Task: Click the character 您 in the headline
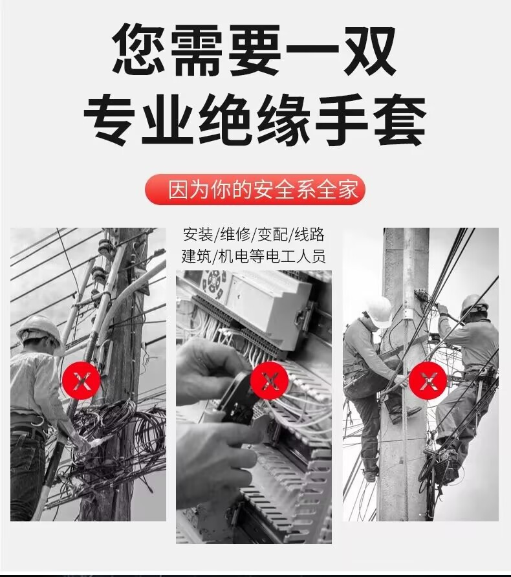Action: [x=138, y=50]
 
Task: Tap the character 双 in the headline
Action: [x=369, y=50]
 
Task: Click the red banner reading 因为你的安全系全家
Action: [x=255, y=190]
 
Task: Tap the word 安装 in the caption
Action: [x=198, y=234]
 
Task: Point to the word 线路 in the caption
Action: [x=309, y=234]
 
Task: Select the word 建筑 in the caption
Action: [x=197, y=256]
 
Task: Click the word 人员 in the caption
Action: [x=311, y=256]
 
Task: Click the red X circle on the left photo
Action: [x=82, y=380]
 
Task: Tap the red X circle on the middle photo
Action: [x=270, y=380]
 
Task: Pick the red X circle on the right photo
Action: [x=428, y=380]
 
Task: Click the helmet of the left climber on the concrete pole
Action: [x=378, y=311]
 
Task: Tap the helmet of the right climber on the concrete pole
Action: [x=475, y=304]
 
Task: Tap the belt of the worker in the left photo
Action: [x=28, y=422]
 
